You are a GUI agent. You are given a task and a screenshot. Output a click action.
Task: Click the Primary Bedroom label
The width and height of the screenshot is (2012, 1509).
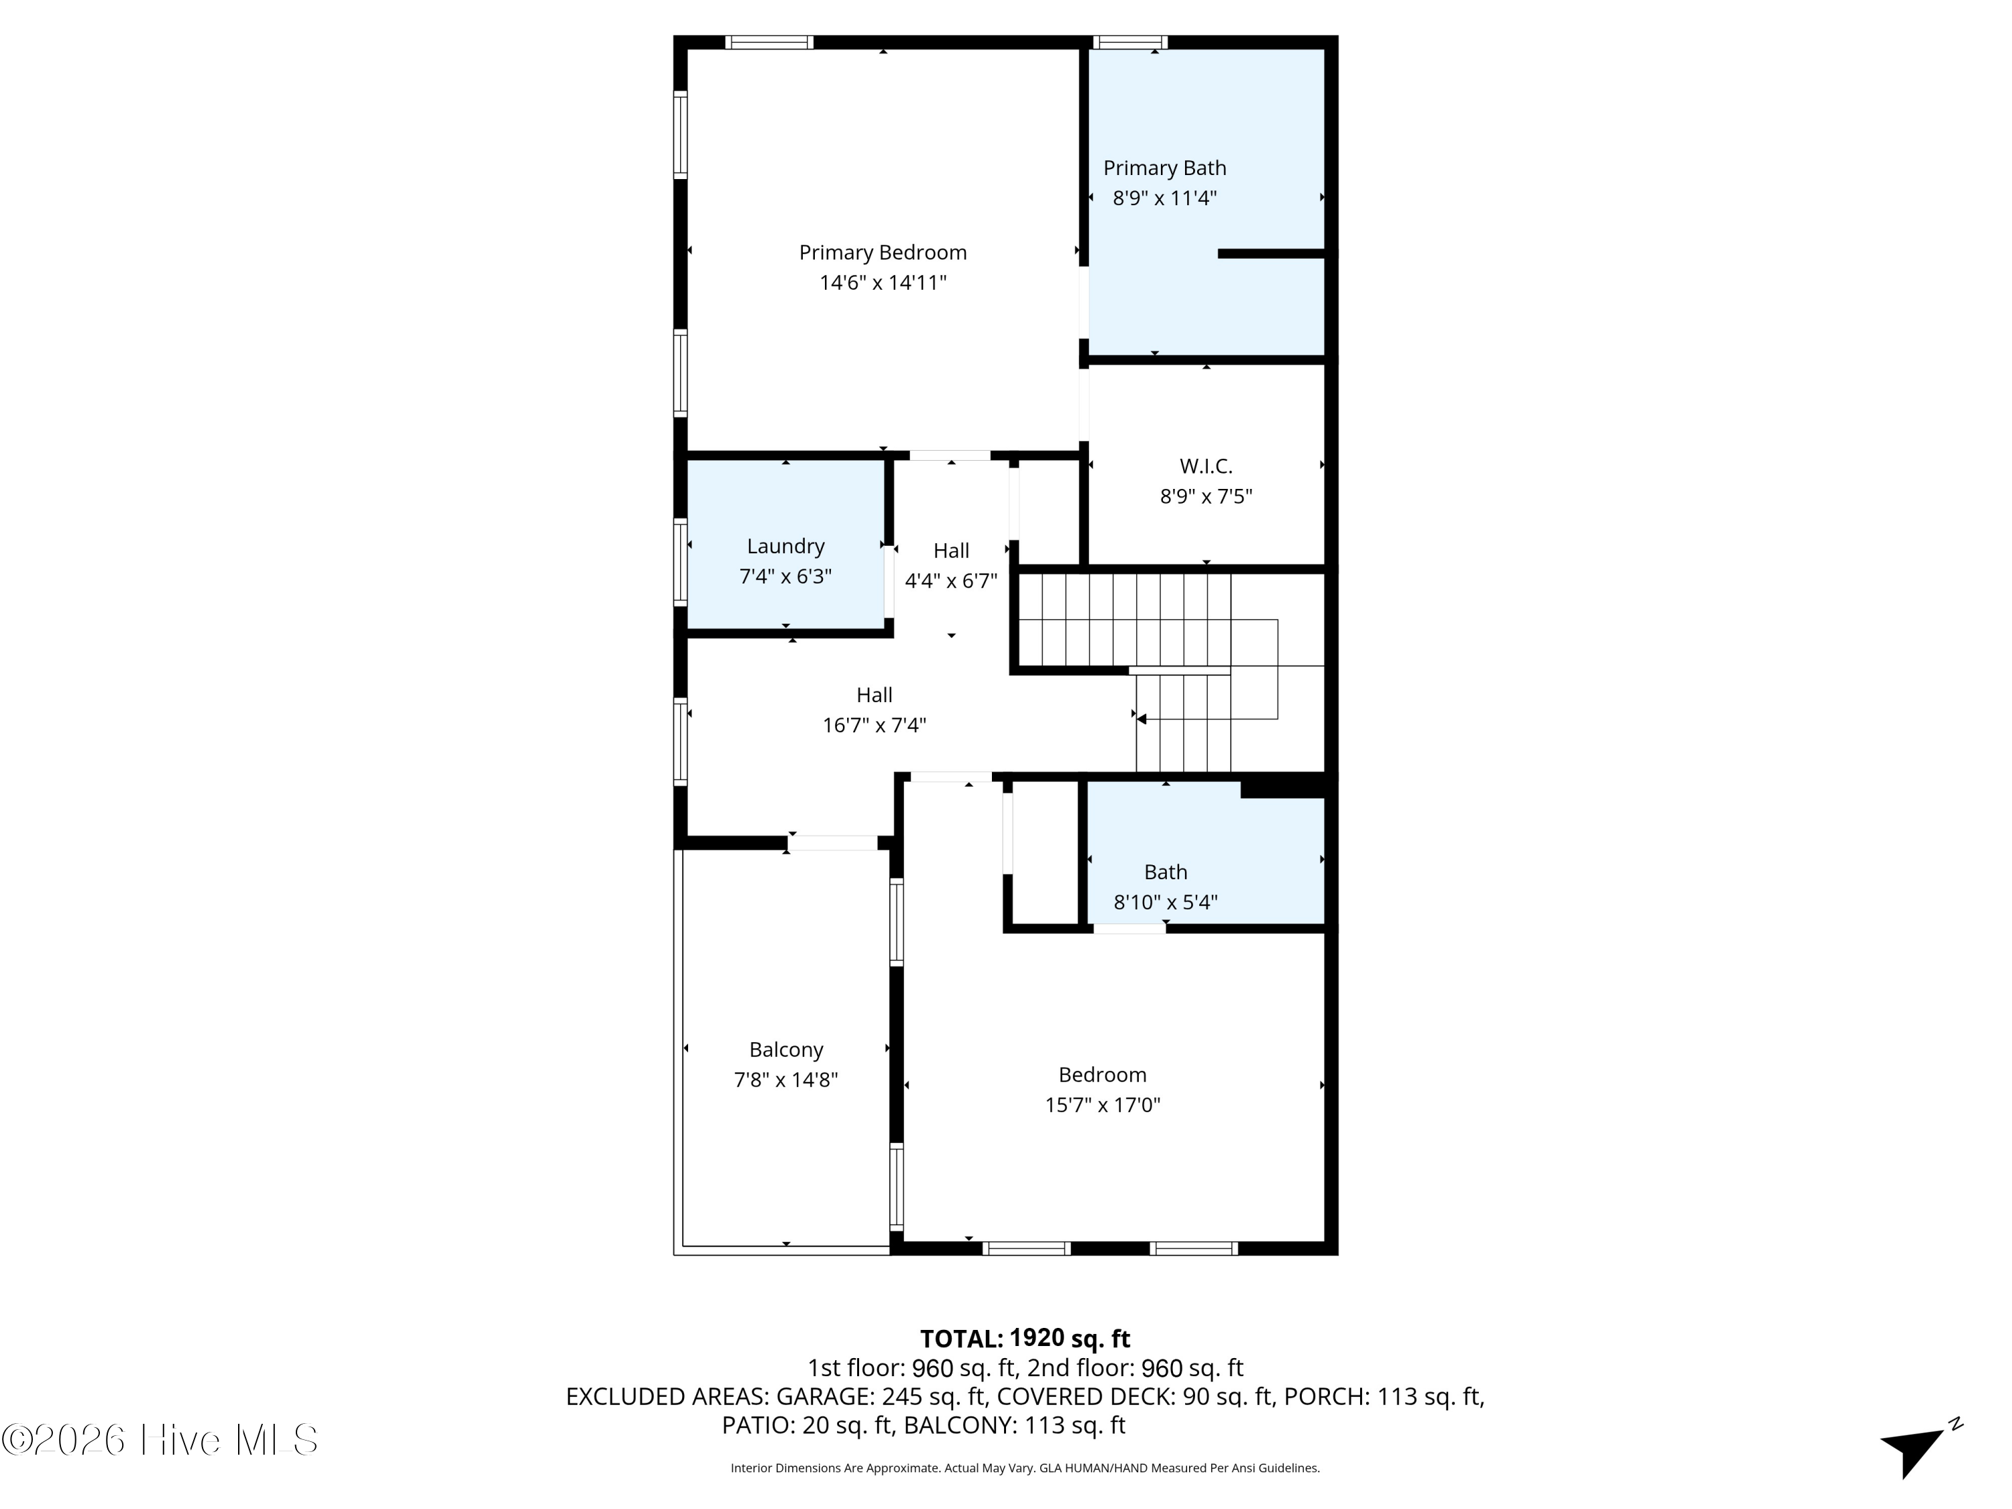point(883,252)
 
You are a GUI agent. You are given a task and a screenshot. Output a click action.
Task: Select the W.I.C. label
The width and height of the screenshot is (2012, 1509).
point(1206,467)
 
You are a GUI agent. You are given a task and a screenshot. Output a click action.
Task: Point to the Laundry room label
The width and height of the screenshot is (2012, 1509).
point(785,547)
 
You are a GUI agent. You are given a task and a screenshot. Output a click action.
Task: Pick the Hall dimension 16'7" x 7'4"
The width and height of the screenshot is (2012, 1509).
point(874,726)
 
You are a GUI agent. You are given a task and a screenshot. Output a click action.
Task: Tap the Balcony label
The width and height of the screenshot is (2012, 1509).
point(786,1050)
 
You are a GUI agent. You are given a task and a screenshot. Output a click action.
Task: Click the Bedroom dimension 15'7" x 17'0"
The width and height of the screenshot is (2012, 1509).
point(1103,1105)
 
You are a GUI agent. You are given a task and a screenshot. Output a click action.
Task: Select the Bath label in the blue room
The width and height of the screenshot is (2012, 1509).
point(1165,873)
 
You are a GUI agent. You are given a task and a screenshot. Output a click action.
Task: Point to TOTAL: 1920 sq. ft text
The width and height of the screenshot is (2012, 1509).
point(1024,1339)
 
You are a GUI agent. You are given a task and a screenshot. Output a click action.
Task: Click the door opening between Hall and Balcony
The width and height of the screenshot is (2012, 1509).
point(832,843)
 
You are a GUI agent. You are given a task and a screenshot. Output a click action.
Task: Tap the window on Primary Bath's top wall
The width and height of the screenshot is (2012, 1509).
point(1129,42)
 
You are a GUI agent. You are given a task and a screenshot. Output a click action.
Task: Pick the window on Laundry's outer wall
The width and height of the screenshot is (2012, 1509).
point(679,561)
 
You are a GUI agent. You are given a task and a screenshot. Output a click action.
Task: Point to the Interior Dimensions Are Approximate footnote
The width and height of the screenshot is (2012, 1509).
point(1024,1468)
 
